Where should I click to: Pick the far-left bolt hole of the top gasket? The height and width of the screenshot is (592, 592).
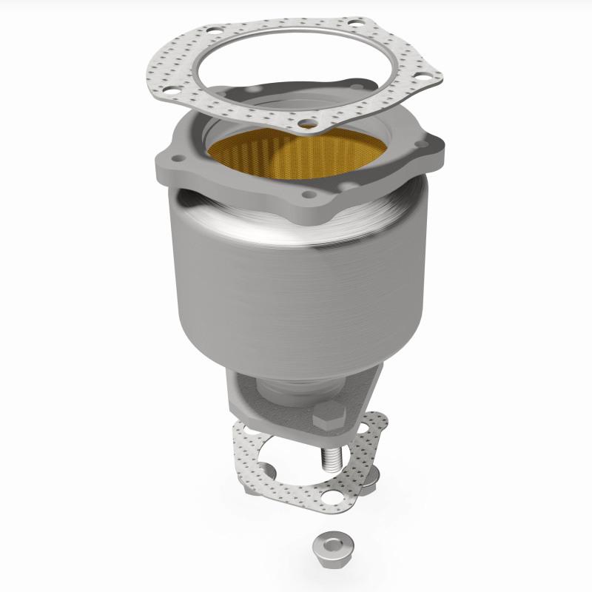168,92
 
